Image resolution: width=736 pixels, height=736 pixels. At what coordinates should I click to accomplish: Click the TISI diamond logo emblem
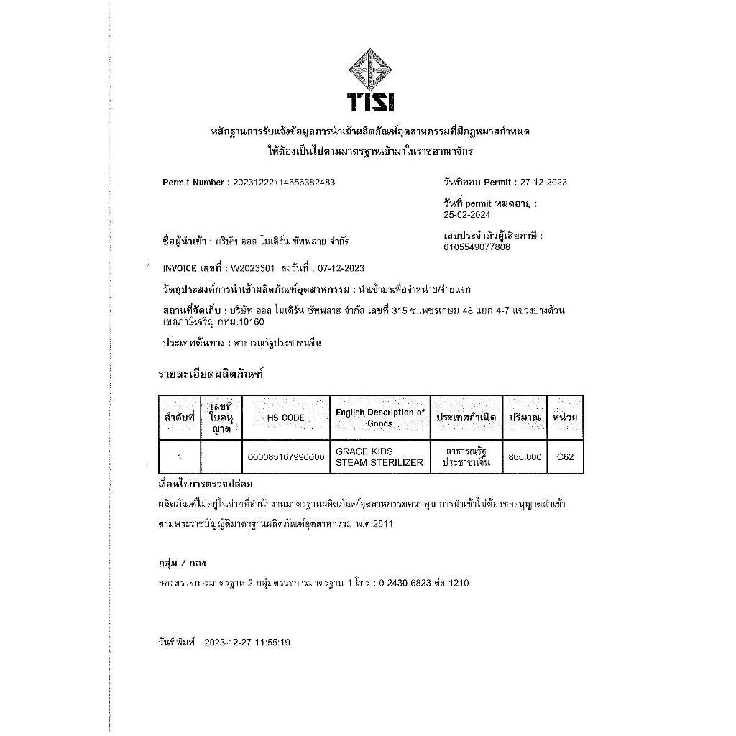[x=370, y=70]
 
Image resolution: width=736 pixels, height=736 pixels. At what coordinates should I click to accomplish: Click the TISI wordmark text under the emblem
[x=370, y=103]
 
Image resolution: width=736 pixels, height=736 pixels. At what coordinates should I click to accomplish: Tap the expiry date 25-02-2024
[x=468, y=215]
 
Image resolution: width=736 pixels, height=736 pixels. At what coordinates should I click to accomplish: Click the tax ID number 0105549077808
[x=477, y=247]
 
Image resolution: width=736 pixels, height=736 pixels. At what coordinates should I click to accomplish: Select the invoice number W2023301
[x=252, y=269]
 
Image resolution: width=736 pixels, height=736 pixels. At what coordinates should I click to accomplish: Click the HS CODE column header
[x=285, y=418]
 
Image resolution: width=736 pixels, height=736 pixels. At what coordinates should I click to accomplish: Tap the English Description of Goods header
[x=379, y=418]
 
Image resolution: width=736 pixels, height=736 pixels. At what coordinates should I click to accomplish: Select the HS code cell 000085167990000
[x=285, y=456]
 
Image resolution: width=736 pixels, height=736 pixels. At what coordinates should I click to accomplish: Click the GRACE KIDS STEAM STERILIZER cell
[x=379, y=456]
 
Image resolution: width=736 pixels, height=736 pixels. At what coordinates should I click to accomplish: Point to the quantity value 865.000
[x=525, y=456]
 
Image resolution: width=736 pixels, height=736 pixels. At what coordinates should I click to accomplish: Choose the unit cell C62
[x=565, y=456]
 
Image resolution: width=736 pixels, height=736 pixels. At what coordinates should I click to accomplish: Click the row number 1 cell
[x=179, y=456]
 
